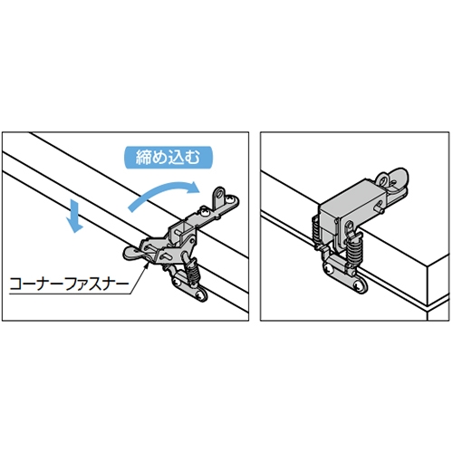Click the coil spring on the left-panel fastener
tap(194, 272)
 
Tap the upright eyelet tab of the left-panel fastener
tap(221, 198)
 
